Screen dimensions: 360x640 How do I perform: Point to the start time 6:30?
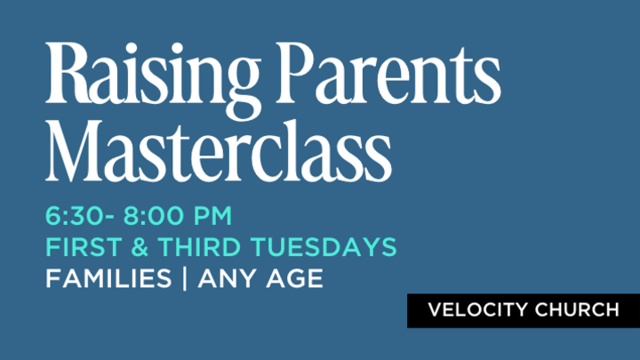(76, 216)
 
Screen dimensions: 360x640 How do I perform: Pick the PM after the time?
(214, 216)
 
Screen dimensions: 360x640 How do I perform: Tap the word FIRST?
(79, 247)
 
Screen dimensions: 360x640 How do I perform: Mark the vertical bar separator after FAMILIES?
(185, 279)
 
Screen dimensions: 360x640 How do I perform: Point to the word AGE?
(292, 279)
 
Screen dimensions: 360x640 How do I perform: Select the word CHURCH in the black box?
(580, 310)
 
